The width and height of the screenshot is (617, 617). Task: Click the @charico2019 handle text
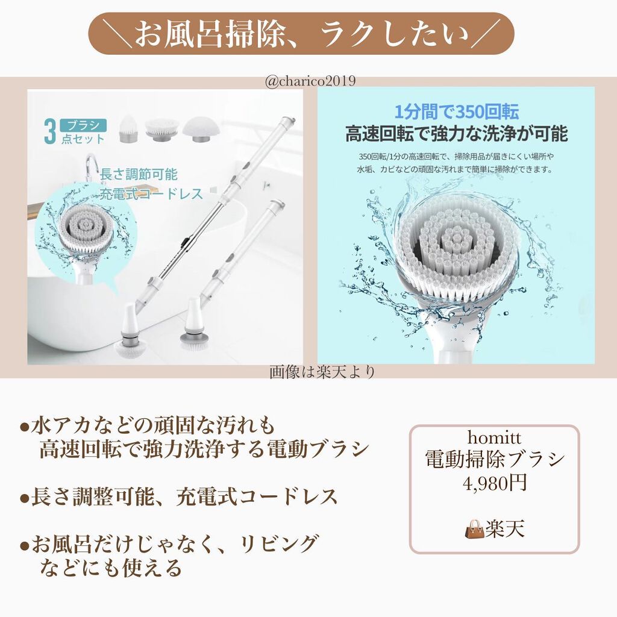click(x=310, y=81)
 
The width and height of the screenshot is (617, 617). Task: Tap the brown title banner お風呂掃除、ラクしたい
click(x=301, y=34)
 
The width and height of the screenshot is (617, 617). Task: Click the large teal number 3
click(x=50, y=132)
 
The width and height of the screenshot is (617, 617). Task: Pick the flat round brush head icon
click(x=161, y=129)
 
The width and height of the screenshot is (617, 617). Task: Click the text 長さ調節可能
click(x=139, y=174)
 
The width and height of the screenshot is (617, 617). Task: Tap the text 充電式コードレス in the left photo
click(x=151, y=193)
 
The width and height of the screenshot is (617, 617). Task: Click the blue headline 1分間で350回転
click(x=457, y=112)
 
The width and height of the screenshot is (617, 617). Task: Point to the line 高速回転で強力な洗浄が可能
click(x=457, y=133)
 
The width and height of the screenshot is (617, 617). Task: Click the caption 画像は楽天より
click(x=322, y=372)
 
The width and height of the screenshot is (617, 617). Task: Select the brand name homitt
click(x=494, y=437)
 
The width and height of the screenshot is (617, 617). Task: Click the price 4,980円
click(x=495, y=483)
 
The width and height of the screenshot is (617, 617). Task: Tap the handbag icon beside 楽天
click(x=474, y=528)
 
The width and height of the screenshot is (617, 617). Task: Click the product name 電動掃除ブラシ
click(x=495, y=459)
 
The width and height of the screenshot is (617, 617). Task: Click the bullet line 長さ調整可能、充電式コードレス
click(x=179, y=497)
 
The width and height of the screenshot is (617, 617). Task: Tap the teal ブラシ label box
click(x=83, y=125)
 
